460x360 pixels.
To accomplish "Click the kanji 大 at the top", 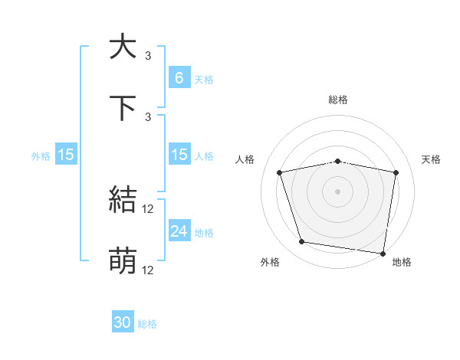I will point(123,47).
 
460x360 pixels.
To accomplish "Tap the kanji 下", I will point(123,106).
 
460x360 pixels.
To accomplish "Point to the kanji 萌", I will point(123,260).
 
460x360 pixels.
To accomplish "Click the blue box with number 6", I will point(179,77).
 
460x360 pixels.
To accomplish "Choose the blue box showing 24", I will point(179,231).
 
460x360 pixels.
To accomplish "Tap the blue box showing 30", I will point(123,322).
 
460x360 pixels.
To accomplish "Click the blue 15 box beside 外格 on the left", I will point(66,155).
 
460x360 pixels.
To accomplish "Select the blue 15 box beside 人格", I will point(179,155).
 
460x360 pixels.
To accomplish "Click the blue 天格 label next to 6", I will point(204,79).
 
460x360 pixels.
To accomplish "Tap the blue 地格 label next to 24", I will point(204,232).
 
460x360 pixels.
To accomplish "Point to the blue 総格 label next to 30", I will point(147,324).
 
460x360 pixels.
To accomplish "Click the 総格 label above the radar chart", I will point(338,100).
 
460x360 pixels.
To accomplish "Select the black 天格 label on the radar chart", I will point(431,159).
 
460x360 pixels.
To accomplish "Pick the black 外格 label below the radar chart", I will point(269,262).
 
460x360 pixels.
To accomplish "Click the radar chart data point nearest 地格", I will point(383,253).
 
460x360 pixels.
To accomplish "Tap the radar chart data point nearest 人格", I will point(280,172).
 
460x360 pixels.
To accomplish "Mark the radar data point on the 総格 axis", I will point(338,161).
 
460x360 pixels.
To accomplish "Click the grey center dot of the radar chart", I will point(338,191).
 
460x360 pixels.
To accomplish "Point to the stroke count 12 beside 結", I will point(149,208).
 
